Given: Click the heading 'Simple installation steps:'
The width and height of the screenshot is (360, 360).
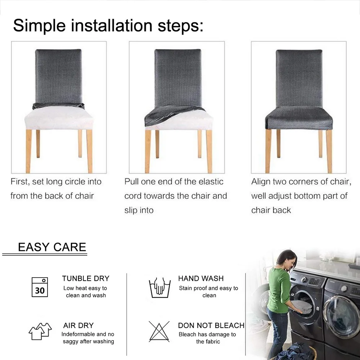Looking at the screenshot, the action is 108,25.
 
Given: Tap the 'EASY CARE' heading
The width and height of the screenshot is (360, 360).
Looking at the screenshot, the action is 52,247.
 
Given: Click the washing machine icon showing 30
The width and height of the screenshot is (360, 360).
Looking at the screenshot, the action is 40,287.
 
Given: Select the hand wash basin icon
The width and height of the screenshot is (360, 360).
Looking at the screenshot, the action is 160,288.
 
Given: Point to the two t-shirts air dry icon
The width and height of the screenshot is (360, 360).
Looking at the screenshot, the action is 40,331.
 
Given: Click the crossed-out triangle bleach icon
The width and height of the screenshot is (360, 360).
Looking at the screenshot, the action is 159,331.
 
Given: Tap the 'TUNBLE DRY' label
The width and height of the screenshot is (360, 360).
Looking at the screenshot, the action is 86,279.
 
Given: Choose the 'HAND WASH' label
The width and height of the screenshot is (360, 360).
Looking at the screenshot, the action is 201,279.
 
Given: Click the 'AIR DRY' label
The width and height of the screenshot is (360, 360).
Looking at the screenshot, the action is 78,325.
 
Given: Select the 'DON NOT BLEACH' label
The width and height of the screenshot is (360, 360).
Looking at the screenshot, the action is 211,325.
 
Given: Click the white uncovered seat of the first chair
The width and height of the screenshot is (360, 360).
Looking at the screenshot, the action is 59,118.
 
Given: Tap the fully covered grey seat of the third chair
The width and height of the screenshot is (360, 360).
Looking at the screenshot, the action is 299,118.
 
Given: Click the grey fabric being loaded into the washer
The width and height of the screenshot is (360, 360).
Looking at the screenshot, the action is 301,306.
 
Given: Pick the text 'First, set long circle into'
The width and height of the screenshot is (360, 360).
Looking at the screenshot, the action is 56,181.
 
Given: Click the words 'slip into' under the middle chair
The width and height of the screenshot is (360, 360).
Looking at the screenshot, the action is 139,210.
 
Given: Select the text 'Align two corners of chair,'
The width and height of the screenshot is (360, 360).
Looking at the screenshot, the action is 301,181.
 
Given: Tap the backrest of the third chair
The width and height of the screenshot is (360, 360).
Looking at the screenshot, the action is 299,78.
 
